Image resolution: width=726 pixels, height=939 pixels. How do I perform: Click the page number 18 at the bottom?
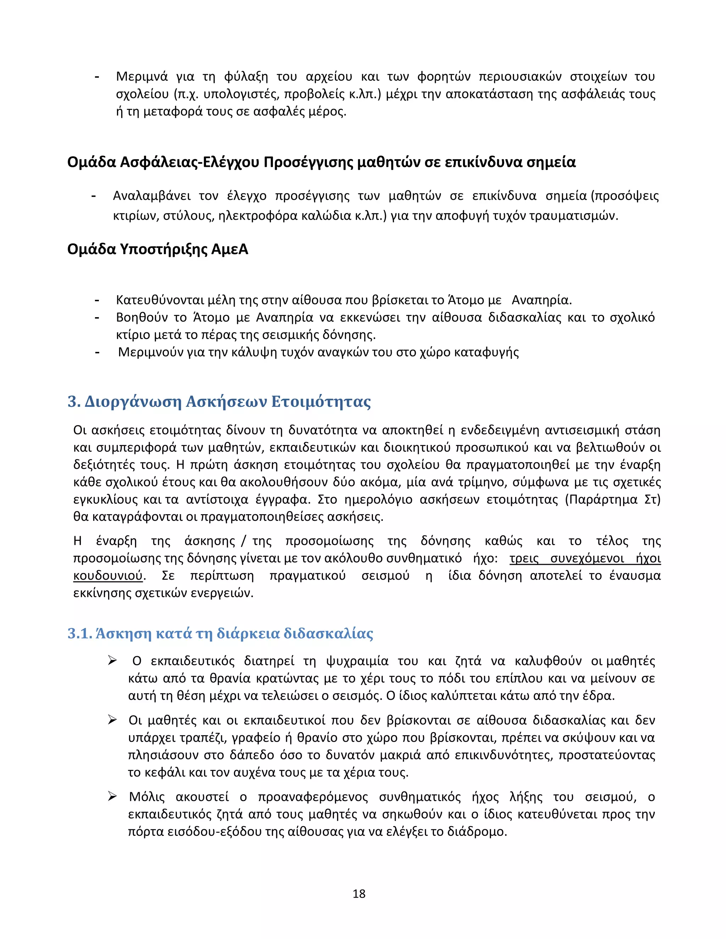coord(359,894)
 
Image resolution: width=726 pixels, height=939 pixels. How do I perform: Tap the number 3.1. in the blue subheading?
coord(80,634)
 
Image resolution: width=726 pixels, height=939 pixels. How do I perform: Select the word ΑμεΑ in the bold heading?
coord(230,249)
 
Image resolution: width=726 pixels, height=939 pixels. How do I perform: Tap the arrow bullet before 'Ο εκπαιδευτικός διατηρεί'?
coord(113,660)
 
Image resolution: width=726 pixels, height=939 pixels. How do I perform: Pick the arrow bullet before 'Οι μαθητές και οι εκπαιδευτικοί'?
coord(113,720)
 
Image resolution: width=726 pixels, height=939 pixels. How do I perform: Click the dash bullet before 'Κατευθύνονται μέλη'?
coord(97,300)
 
